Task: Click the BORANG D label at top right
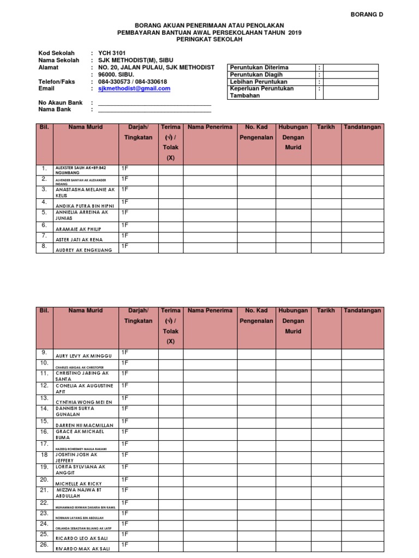[x=367, y=15]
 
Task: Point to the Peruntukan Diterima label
[x=259, y=68]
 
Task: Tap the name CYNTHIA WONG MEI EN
[x=83, y=402]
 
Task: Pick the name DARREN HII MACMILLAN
[x=84, y=425]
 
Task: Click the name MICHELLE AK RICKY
[x=79, y=483]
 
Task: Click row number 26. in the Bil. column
[x=44, y=544]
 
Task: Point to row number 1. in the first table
[x=44, y=168]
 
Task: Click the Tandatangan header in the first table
[x=362, y=127]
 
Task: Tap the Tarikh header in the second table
[x=326, y=311]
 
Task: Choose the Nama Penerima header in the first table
[x=210, y=127]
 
